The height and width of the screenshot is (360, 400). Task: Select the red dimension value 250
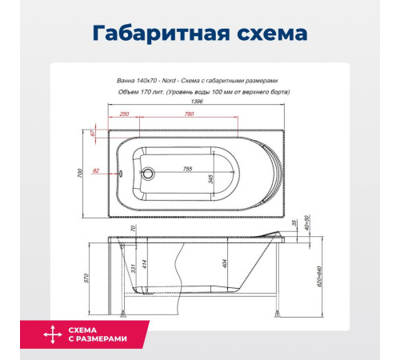(x=124, y=114)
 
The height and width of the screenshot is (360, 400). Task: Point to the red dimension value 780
(x=189, y=114)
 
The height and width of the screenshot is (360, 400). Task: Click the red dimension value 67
(x=94, y=134)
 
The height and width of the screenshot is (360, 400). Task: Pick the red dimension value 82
(x=96, y=170)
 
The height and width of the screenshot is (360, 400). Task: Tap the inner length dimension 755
(x=193, y=168)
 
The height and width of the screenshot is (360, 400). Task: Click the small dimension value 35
(x=294, y=222)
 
